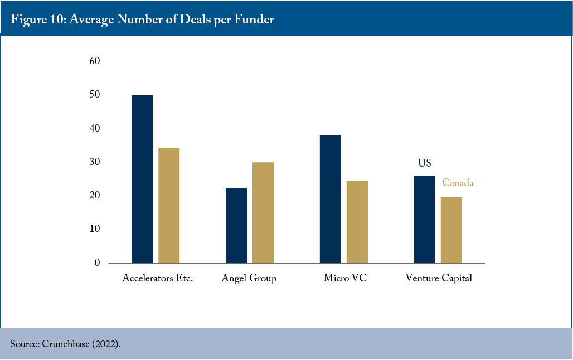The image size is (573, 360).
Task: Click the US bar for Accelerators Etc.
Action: click(x=142, y=179)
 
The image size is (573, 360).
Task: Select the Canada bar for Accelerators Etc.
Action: click(x=169, y=206)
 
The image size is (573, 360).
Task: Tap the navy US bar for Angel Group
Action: click(x=236, y=226)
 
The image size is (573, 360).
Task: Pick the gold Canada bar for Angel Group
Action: click(x=263, y=213)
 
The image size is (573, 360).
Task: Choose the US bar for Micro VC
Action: click(x=331, y=199)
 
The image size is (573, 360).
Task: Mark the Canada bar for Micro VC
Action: click(x=357, y=222)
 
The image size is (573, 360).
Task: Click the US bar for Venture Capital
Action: click(x=424, y=220)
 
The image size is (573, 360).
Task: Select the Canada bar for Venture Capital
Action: click(x=451, y=230)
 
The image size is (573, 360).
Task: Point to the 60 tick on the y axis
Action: click(x=95, y=61)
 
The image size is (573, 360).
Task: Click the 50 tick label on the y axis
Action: click(x=95, y=94)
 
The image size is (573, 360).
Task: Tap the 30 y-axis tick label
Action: click(x=95, y=162)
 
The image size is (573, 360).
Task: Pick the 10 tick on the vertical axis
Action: click(x=95, y=229)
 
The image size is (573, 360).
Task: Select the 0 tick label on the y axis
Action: click(x=97, y=262)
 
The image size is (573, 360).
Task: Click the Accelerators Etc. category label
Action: click(x=158, y=278)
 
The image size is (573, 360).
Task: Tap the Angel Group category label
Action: click(x=249, y=279)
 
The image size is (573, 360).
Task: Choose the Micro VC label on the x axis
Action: click(x=345, y=278)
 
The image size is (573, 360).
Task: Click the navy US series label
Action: click(x=425, y=163)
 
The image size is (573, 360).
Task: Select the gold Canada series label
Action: click(x=458, y=183)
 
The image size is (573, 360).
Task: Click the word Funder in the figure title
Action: click(x=254, y=19)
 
